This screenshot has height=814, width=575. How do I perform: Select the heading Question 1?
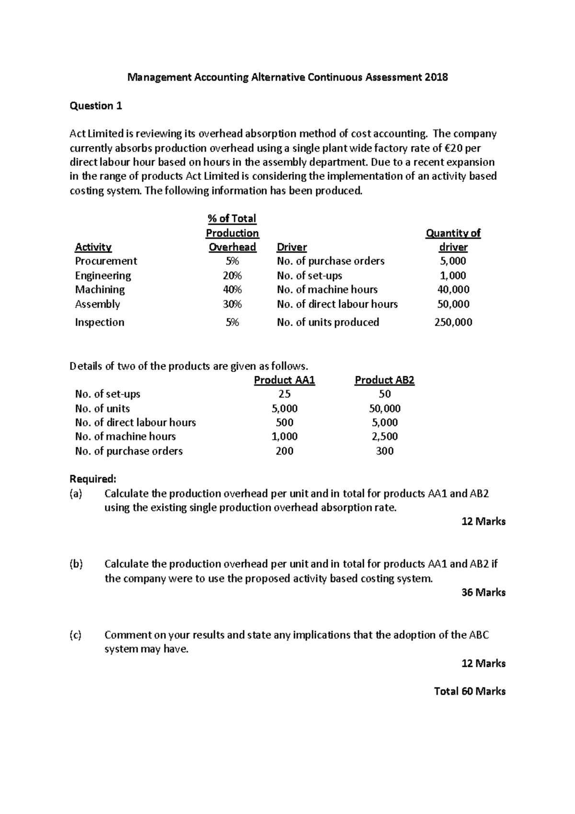point(96,106)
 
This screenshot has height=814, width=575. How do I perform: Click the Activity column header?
point(93,247)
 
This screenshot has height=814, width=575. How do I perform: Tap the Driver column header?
point(292,247)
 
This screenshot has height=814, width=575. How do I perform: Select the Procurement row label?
point(106,261)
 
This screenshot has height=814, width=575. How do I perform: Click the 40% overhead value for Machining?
point(232,290)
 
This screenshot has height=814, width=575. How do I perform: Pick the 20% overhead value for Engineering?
point(232,276)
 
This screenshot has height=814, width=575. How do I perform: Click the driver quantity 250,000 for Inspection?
point(453,322)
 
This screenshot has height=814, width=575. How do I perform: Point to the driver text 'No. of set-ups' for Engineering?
point(310,276)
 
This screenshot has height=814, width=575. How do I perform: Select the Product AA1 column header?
point(285,380)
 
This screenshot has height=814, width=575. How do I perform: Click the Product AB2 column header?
point(384,380)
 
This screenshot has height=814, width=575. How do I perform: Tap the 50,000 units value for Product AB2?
point(384,408)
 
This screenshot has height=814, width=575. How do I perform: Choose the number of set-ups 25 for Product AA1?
point(285,394)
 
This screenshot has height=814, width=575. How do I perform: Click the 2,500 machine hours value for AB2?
point(384,437)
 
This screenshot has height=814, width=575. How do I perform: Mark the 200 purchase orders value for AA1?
point(285,451)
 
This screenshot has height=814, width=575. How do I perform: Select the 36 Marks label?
point(483,593)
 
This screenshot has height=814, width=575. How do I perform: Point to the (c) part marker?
point(76,635)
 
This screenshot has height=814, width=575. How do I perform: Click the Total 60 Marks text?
point(470,691)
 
